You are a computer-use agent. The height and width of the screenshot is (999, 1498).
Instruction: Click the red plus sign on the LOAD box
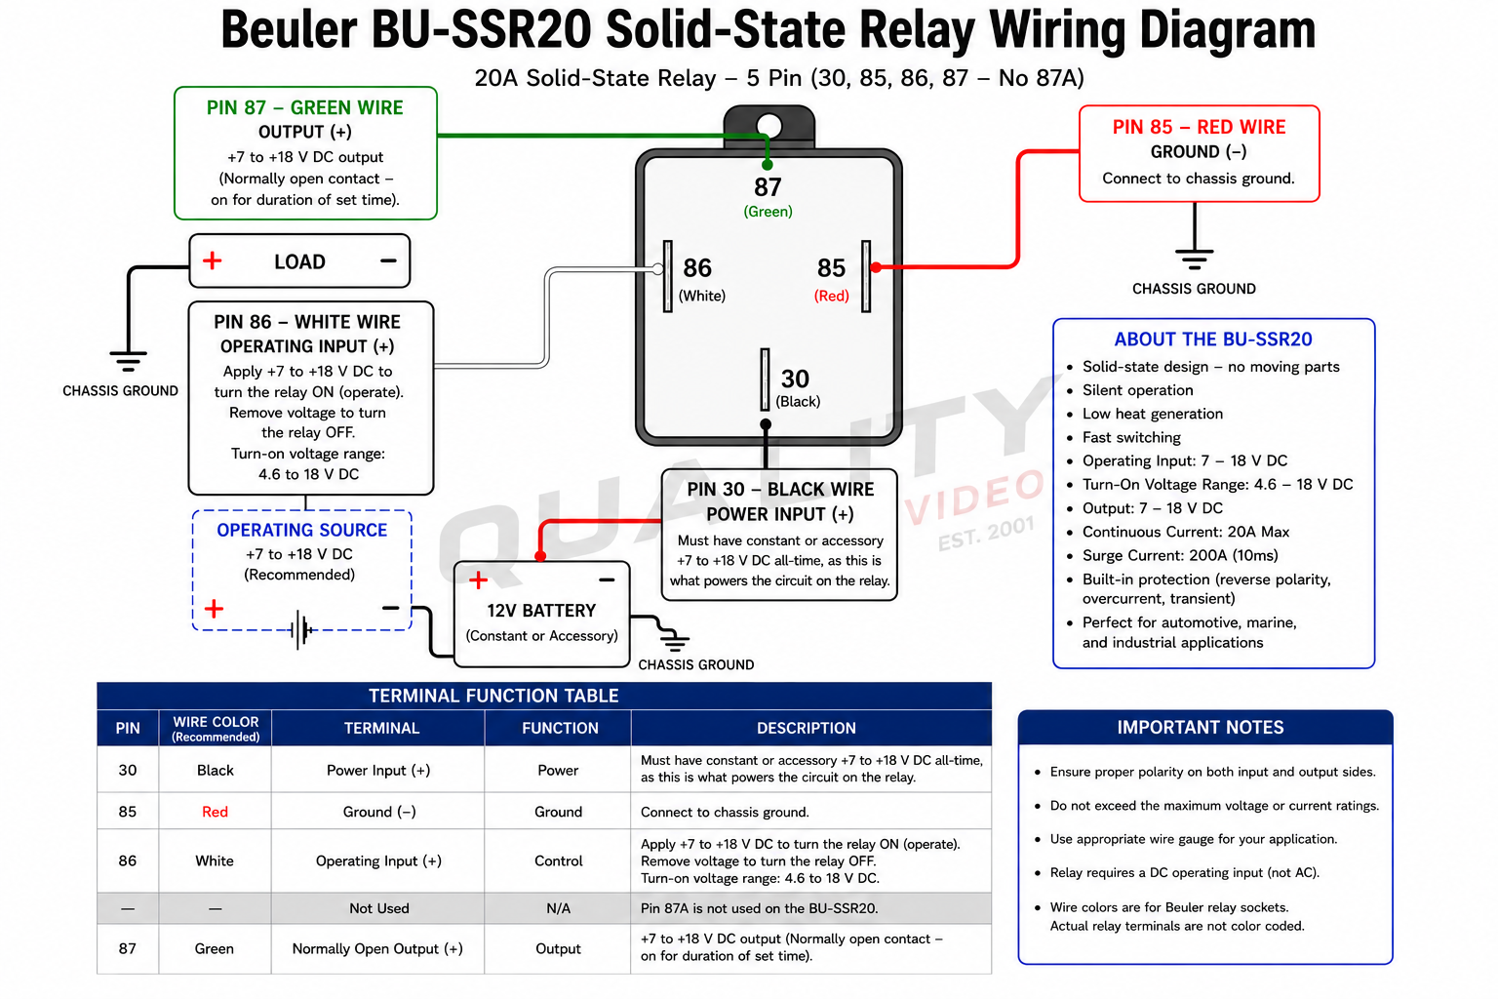pos(212,260)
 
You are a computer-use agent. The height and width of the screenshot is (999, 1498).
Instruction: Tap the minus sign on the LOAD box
pos(388,260)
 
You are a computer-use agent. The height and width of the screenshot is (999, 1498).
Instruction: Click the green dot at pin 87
pos(768,165)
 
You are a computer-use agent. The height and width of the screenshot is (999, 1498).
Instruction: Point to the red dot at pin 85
pos(876,267)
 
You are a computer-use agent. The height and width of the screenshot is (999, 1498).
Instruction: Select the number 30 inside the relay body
pos(795,379)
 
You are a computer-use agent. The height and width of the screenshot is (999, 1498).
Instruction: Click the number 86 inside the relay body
pos(697,267)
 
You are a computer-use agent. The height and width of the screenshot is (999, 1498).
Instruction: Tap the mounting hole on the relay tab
pos(769,126)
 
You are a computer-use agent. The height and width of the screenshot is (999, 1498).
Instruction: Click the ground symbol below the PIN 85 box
pos(1195,259)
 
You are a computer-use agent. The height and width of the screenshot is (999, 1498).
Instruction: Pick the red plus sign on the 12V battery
pos(478,580)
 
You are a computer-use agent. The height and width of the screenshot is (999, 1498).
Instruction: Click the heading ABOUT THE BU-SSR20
pos(1213,340)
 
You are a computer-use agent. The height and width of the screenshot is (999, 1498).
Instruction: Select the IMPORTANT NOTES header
pos(1201,728)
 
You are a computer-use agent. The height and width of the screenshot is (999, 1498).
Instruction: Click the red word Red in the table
pos(215,812)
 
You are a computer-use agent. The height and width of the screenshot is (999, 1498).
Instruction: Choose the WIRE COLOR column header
pos(216,728)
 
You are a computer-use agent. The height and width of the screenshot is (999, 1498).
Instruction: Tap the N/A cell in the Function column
pos(559,908)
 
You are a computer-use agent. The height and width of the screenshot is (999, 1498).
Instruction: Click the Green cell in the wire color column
pos(214,949)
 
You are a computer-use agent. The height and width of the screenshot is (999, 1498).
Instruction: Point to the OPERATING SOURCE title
pos(301,530)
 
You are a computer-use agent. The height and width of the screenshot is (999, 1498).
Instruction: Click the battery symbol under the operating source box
pos(301,629)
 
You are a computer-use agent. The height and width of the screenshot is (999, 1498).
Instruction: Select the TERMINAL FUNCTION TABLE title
pos(493,696)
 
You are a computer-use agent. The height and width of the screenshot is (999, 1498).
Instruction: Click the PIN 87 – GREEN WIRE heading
pos(305,107)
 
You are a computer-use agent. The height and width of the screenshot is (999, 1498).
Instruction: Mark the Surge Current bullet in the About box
pos(1180,555)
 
